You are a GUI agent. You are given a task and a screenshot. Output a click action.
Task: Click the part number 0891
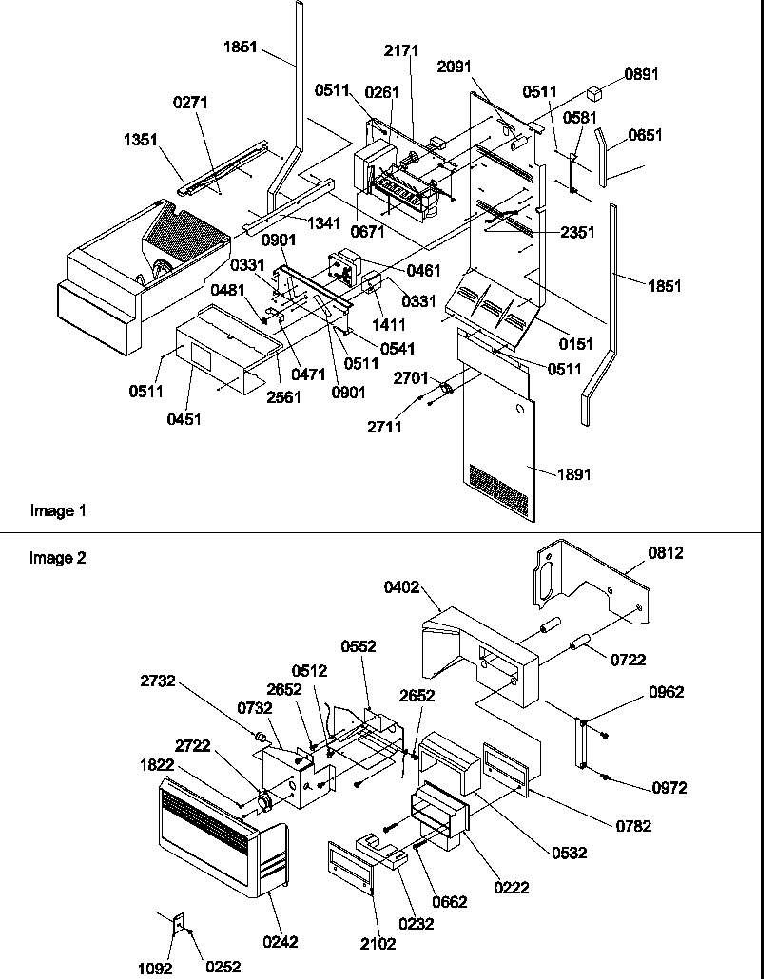pyautogui.click(x=641, y=74)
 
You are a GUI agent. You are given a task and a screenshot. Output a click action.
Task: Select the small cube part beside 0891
pyautogui.click(x=596, y=93)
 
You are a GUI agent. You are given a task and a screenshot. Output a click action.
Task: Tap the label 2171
pyautogui.click(x=401, y=50)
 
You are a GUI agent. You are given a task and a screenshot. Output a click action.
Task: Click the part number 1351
pyautogui.click(x=140, y=139)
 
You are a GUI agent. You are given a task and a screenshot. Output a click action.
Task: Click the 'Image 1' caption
pyautogui.click(x=58, y=510)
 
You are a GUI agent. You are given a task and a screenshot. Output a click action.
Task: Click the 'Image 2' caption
pyautogui.click(x=58, y=558)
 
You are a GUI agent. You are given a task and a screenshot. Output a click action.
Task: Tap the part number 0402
pyautogui.click(x=403, y=588)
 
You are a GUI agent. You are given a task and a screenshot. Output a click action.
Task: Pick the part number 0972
pyautogui.click(x=668, y=788)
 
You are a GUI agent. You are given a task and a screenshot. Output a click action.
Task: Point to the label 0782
pyautogui.click(x=633, y=826)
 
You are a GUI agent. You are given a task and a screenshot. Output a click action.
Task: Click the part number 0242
pyautogui.click(x=281, y=942)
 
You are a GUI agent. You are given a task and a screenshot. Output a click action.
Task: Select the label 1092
pyautogui.click(x=156, y=967)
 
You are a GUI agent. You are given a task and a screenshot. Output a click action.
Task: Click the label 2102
pyautogui.click(x=378, y=943)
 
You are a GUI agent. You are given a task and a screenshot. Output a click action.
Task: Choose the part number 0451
pyautogui.click(x=184, y=419)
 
